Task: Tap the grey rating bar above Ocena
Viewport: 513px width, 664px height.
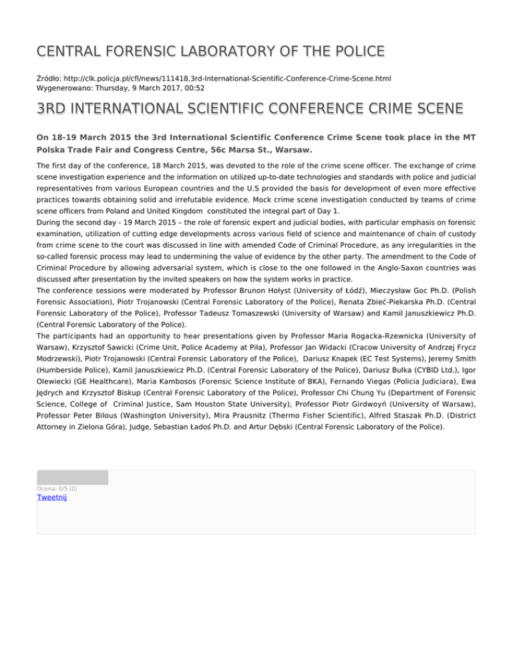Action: (72, 477)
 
